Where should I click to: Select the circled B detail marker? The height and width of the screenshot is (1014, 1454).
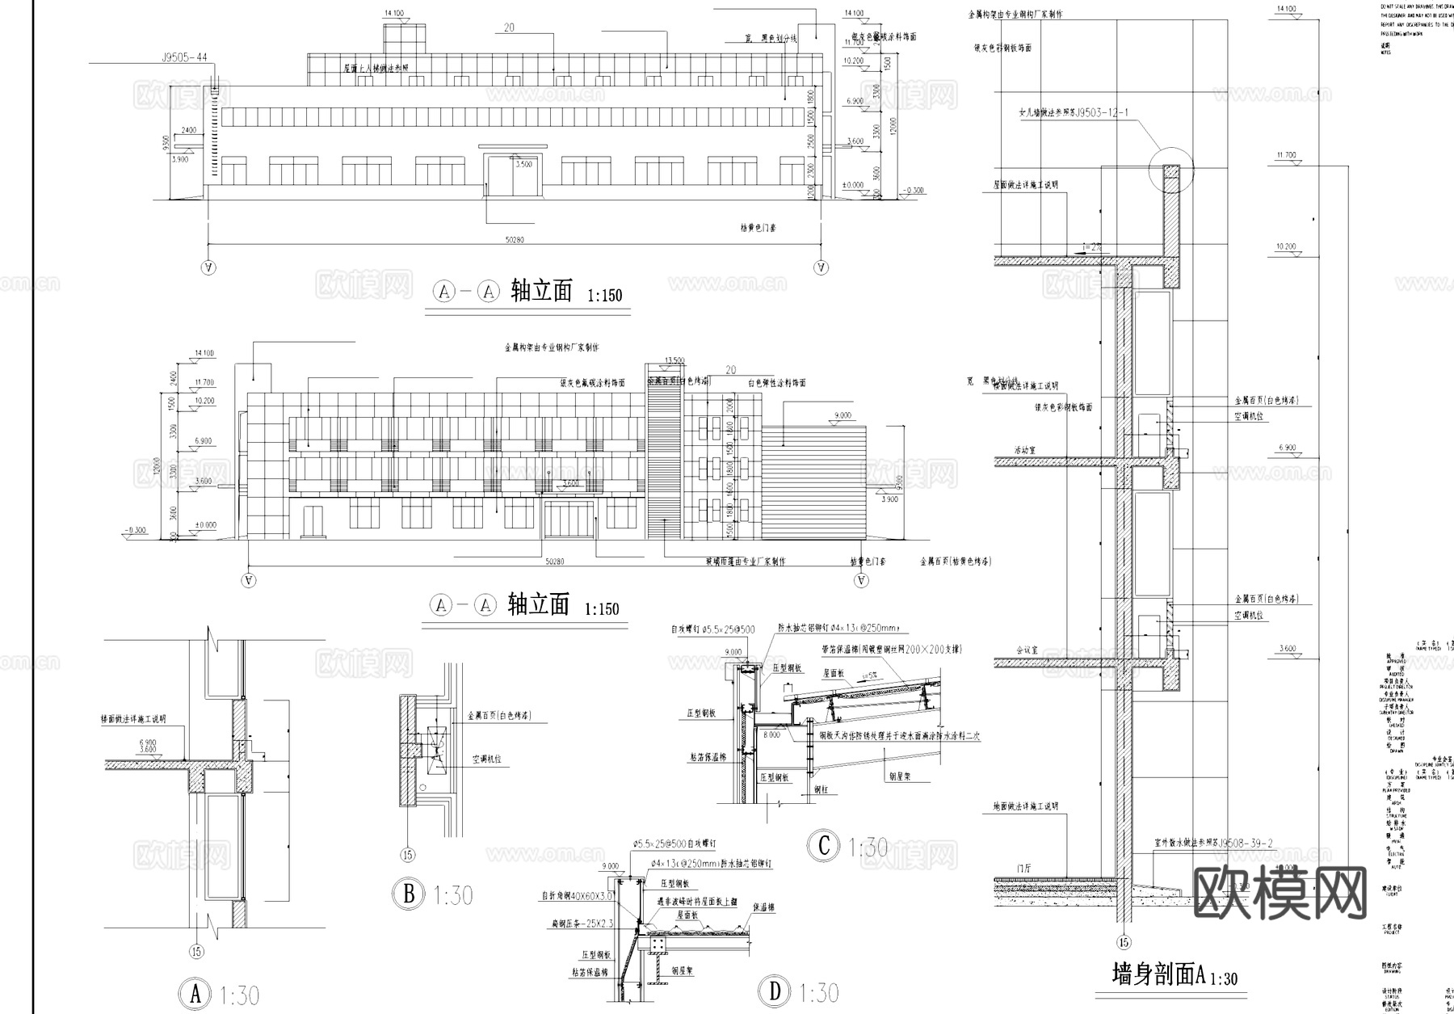(x=409, y=894)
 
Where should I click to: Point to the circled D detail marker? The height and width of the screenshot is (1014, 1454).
(x=775, y=991)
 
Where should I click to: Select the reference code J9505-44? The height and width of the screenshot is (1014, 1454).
(x=184, y=57)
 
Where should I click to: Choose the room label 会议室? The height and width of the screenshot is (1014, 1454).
(x=1026, y=650)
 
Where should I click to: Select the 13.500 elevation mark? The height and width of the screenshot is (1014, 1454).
(x=674, y=360)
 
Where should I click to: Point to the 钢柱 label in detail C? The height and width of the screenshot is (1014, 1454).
(x=820, y=789)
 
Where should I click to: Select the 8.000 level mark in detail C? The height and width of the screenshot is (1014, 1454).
(x=771, y=735)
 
